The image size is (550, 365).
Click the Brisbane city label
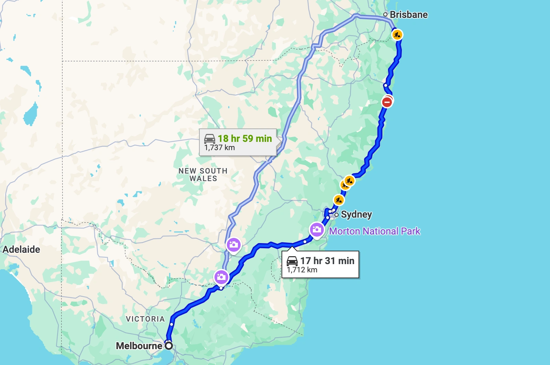(x=409, y=15)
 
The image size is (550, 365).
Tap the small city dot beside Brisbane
(x=385, y=14)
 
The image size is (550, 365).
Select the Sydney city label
(x=356, y=215)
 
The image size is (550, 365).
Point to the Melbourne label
(x=139, y=346)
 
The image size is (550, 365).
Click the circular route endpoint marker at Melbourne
(x=169, y=345)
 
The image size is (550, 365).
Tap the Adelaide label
(x=21, y=249)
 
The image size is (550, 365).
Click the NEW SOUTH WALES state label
(x=203, y=175)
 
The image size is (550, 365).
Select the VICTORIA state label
(x=145, y=319)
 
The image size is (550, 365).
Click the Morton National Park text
(x=375, y=231)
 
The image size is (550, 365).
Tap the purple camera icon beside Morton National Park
(x=317, y=229)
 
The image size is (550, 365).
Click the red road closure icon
(x=387, y=102)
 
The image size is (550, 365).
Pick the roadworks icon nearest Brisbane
(x=397, y=35)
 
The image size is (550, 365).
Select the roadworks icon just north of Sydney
(x=339, y=200)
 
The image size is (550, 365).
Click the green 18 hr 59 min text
(x=245, y=138)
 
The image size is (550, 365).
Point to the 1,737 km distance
(x=220, y=148)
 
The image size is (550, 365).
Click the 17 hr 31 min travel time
(x=327, y=261)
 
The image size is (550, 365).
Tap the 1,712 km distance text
(x=302, y=270)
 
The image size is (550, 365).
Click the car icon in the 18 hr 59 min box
(x=210, y=138)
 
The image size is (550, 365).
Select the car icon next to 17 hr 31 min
(x=292, y=261)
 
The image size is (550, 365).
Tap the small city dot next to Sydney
(x=337, y=215)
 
